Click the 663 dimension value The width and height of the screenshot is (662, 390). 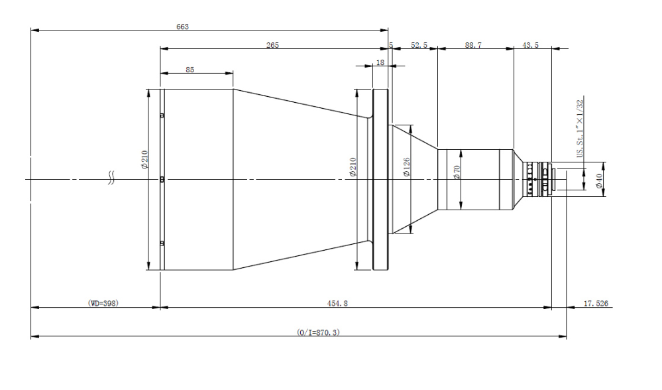point(182,27)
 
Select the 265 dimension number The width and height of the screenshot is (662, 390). point(272,45)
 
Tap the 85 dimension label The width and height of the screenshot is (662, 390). point(190,70)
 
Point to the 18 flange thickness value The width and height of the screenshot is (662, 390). point(380,62)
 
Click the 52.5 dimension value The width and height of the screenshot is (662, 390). point(419,45)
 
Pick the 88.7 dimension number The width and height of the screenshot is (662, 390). point(473,45)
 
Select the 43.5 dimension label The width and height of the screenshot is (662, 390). point(530,45)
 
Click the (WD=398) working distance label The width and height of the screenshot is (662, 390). point(103,303)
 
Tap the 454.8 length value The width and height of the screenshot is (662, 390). point(337,303)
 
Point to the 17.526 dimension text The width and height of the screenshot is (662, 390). point(596,303)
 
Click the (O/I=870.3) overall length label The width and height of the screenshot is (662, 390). point(318,332)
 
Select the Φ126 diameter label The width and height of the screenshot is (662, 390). point(407,166)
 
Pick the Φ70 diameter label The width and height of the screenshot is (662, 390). point(457,172)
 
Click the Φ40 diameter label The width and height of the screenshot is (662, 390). point(598,181)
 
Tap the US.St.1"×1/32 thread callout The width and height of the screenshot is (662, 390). point(580,129)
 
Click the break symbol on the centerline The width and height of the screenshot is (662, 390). point(111,178)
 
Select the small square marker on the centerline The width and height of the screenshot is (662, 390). point(162,180)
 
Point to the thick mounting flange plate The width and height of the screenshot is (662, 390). point(380,180)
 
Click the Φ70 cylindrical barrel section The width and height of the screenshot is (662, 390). point(475,180)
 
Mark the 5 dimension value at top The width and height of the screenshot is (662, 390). point(391,45)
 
